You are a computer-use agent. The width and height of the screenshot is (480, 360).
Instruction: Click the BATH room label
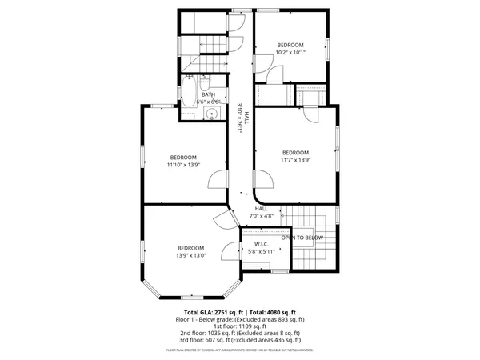pos(208,94)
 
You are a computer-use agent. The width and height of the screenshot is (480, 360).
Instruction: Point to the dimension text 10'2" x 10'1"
pos(290,53)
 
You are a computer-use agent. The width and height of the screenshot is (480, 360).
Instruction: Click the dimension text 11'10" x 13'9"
pos(182,166)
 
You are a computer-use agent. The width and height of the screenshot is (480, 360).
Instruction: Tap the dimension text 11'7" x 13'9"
pos(295,160)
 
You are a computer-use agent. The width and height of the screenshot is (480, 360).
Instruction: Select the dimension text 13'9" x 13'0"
pos(191,256)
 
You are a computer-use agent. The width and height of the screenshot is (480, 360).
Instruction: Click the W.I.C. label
pos(261,244)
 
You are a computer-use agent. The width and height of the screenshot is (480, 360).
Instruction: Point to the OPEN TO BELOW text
pos(302,238)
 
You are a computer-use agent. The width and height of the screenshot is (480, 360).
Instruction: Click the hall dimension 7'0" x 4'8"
pos(262,215)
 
